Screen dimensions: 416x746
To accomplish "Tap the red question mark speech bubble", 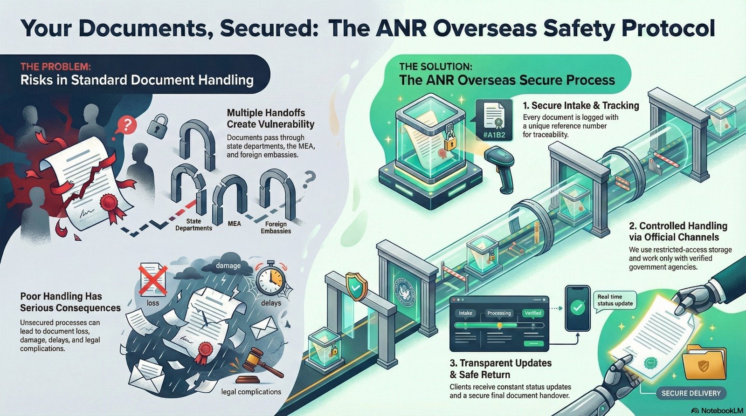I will click(x=128, y=124).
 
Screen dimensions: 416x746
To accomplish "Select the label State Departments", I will click(x=193, y=225).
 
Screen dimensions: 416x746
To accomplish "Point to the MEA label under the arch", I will click(x=235, y=224).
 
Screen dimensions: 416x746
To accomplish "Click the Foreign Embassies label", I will click(x=276, y=227).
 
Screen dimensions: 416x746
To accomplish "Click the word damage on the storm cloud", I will click(x=228, y=266).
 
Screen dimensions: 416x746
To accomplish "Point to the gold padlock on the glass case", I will click(x=450, y=140).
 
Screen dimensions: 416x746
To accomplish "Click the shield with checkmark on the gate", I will click(x=355, y=287).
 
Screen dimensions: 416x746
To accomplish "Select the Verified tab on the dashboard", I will click(x=532, y=313).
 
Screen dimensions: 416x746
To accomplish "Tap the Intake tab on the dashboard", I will click(x=465, y=313).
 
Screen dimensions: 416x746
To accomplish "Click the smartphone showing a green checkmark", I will click(x=578, y=308).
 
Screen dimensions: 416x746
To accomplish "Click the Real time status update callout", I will click(x=615, y=300).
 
